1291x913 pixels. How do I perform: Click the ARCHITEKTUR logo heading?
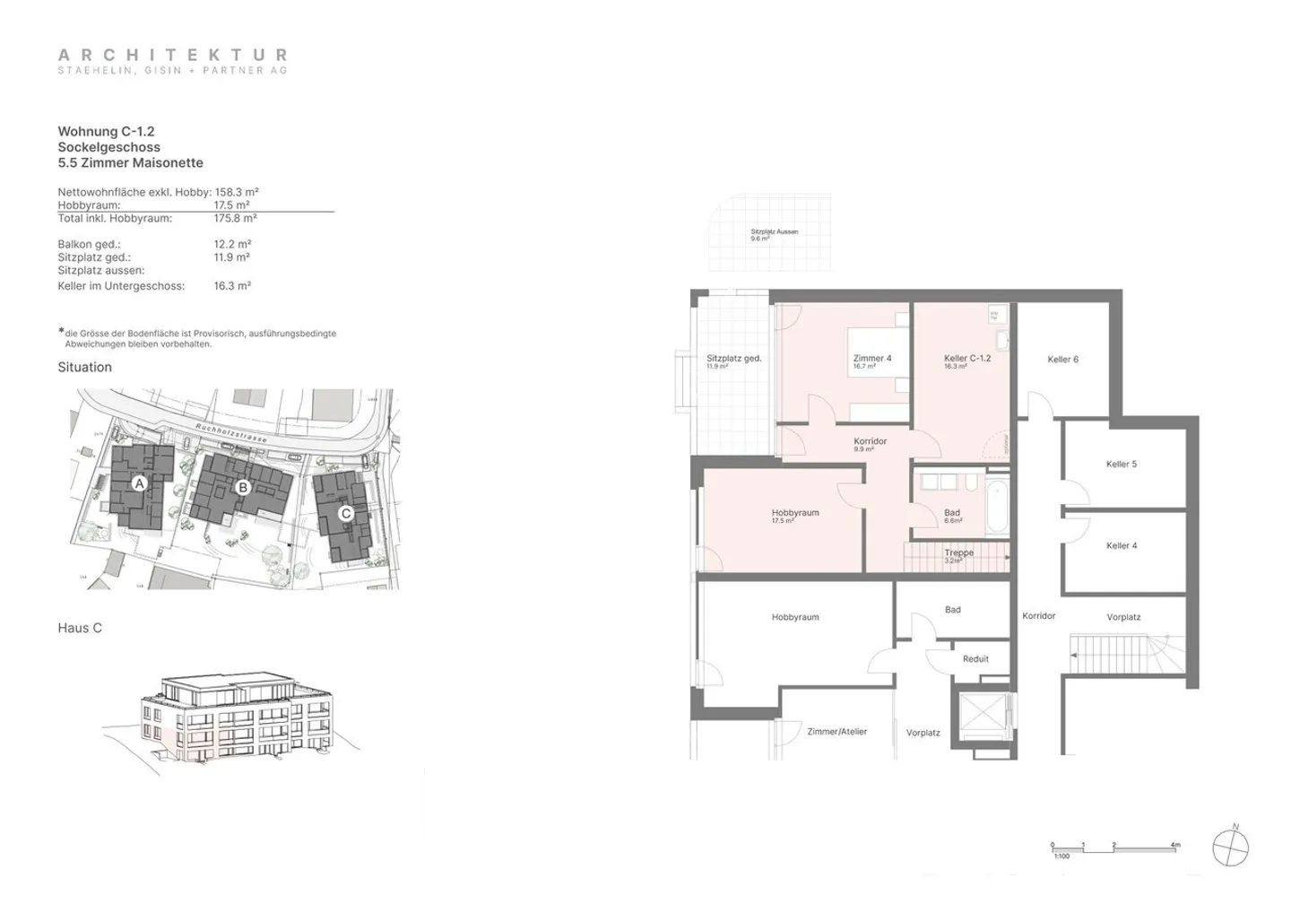172,56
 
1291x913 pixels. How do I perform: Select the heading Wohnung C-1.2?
106,132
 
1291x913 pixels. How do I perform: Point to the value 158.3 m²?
237,192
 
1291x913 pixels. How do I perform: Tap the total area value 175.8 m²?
235,218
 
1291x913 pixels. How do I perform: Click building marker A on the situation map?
139,483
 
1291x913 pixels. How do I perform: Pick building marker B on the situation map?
242,488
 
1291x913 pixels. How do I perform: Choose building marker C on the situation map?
345,514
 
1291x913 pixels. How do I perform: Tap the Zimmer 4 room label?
871,359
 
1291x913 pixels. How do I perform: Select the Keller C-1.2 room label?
966,359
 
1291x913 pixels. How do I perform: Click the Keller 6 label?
1062,360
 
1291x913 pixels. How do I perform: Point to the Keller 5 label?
1121,465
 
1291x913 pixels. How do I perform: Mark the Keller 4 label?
1121,546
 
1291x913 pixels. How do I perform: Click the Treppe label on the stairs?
958,553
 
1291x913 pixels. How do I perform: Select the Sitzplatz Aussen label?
774,232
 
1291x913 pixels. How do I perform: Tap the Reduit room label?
975,659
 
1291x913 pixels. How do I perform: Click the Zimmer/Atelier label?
836,732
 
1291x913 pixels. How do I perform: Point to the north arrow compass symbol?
1230,847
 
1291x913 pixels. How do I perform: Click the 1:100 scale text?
1061,856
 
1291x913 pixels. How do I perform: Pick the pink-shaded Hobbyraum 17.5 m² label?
795,514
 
